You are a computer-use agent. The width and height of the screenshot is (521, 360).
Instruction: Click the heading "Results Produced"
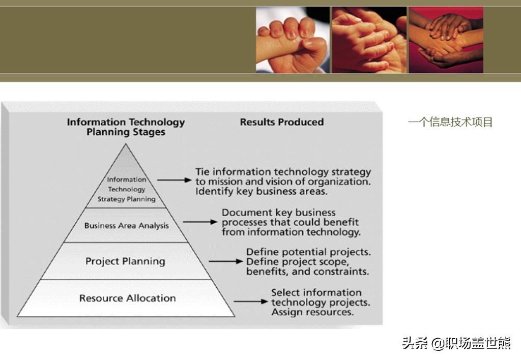click(282, 122)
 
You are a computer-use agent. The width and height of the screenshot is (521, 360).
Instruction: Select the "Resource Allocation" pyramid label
click(128, 298)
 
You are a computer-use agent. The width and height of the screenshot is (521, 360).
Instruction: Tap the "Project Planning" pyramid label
click(125, 261)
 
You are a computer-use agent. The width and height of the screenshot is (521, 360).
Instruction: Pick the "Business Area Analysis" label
click(127, 225)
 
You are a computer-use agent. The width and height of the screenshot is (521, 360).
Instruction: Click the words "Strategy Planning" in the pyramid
click(127, 199)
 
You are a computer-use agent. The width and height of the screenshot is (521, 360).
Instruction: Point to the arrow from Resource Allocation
click(251, 302)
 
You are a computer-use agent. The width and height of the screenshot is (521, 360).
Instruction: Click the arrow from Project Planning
click(226, 261)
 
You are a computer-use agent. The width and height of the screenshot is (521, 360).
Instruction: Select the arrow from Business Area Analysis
click(200, 222)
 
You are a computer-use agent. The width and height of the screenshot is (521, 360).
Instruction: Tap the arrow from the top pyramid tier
click(175, 180)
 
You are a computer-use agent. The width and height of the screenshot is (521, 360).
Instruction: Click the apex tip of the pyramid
click(126, 143)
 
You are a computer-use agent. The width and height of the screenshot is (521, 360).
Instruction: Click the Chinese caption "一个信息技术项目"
click(450, 122)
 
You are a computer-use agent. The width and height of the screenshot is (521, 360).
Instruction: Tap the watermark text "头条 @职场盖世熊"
click(456, 343)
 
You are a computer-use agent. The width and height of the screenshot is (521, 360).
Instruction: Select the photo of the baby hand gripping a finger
click(293, 40)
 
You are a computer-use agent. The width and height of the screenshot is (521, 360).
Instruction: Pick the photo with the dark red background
click(446, 40)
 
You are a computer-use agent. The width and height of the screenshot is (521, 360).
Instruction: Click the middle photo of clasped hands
click(369, 40)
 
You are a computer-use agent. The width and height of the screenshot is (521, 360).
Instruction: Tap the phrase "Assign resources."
click(312, 312)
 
